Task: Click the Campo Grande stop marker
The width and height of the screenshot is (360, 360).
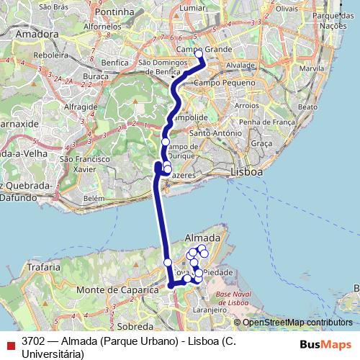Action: [199, 53]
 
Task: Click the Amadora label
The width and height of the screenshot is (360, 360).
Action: [36, 33]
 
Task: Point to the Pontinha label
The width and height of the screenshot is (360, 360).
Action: [114, 12]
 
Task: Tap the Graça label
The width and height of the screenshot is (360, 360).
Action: [262, 143]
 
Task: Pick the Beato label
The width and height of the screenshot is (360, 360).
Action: [307, 106]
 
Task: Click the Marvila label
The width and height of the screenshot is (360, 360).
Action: [312, 68]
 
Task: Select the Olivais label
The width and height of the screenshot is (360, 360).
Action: [286, 9]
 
